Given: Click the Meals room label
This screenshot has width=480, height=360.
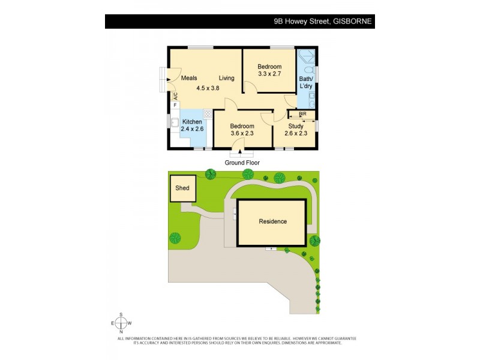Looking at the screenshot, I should click(190, 78).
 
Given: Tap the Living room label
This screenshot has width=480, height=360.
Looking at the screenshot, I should click(226, 78).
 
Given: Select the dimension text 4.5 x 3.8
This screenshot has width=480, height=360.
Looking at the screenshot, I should click(208, 88).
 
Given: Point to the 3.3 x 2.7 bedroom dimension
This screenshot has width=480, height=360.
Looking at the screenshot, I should click(269, 74).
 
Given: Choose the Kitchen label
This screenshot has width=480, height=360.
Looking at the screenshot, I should click(192, 122).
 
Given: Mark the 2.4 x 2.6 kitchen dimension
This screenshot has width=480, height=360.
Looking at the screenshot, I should click(192, 129).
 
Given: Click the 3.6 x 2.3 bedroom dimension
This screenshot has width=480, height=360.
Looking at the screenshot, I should click(242, 134).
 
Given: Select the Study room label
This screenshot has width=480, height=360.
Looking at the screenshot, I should click(295, 126).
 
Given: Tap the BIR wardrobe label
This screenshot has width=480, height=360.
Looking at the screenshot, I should click(302, 113).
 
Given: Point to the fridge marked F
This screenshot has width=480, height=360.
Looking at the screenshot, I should click(175, 105).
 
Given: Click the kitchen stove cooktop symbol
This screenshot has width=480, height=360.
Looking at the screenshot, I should click(208, 113).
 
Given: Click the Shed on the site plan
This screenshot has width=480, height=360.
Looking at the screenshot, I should click(182, 188).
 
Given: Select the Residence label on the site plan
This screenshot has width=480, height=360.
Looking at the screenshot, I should click(272, 221).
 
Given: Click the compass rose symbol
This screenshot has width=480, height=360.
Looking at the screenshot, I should click(121, 323).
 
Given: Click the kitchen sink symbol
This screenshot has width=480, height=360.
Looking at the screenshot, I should click(175, 122).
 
